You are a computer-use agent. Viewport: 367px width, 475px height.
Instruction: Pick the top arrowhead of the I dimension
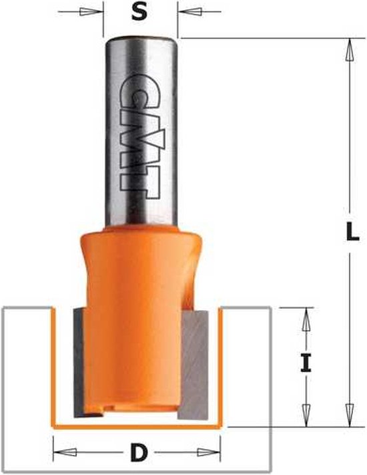(306, 317)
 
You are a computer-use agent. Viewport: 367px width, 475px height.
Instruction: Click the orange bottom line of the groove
(137, 425)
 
